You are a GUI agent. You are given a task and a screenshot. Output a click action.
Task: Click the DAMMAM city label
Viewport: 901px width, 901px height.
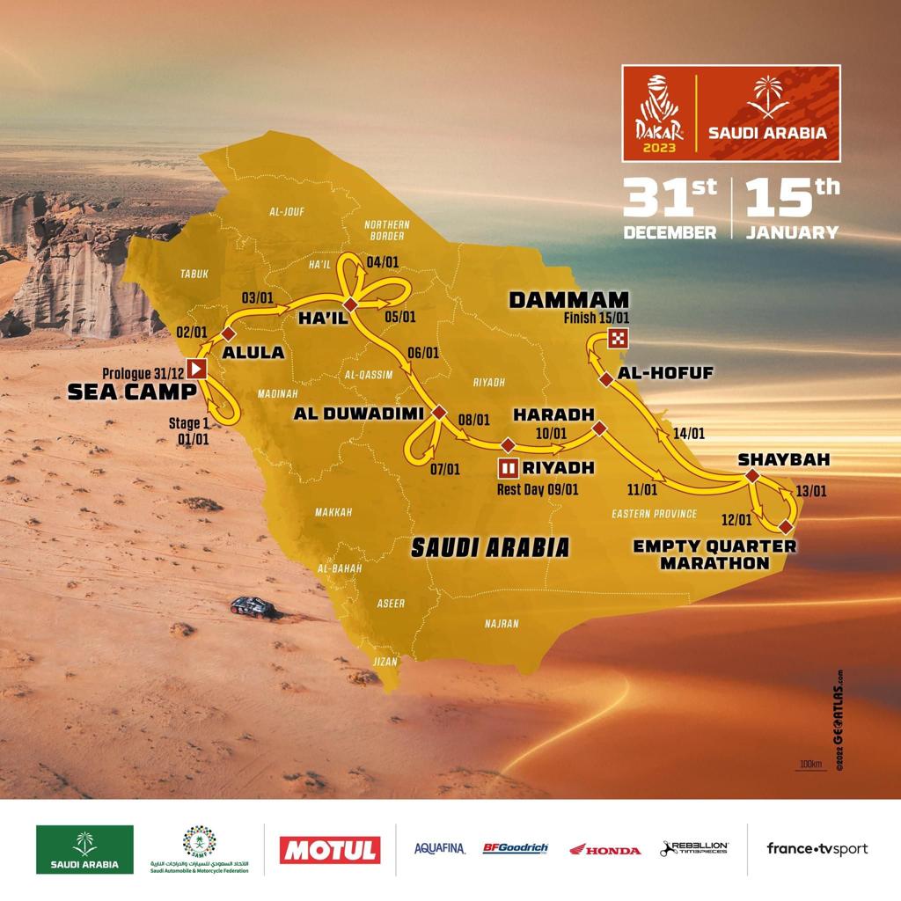click(x=568, y=300)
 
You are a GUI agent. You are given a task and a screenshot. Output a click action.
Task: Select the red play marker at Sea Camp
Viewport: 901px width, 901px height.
click(x=198, y=368)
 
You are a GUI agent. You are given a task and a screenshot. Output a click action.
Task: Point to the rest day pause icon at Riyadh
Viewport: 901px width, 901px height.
click(x=508, y=466)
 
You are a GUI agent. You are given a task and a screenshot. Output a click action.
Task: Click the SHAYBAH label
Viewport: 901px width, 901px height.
click(x=772, y=459)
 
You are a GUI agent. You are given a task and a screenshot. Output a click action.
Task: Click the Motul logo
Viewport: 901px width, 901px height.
click(x=330, y=849)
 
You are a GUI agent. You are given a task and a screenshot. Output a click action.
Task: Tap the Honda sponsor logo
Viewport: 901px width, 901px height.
click(x=604, y=850)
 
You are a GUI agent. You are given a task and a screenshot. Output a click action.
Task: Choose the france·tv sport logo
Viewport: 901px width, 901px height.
click(x=817, y=849)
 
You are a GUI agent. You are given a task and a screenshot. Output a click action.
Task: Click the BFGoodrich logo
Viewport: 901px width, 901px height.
click(x=515, y=849)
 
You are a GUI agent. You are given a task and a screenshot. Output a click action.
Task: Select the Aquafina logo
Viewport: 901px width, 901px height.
click(x=439, y=849)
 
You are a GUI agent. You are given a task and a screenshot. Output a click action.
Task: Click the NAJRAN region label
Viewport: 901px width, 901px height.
click(x=502, y=624)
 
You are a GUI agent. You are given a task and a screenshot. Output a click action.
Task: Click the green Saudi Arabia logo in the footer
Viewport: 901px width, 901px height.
click(x=84, y=849)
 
